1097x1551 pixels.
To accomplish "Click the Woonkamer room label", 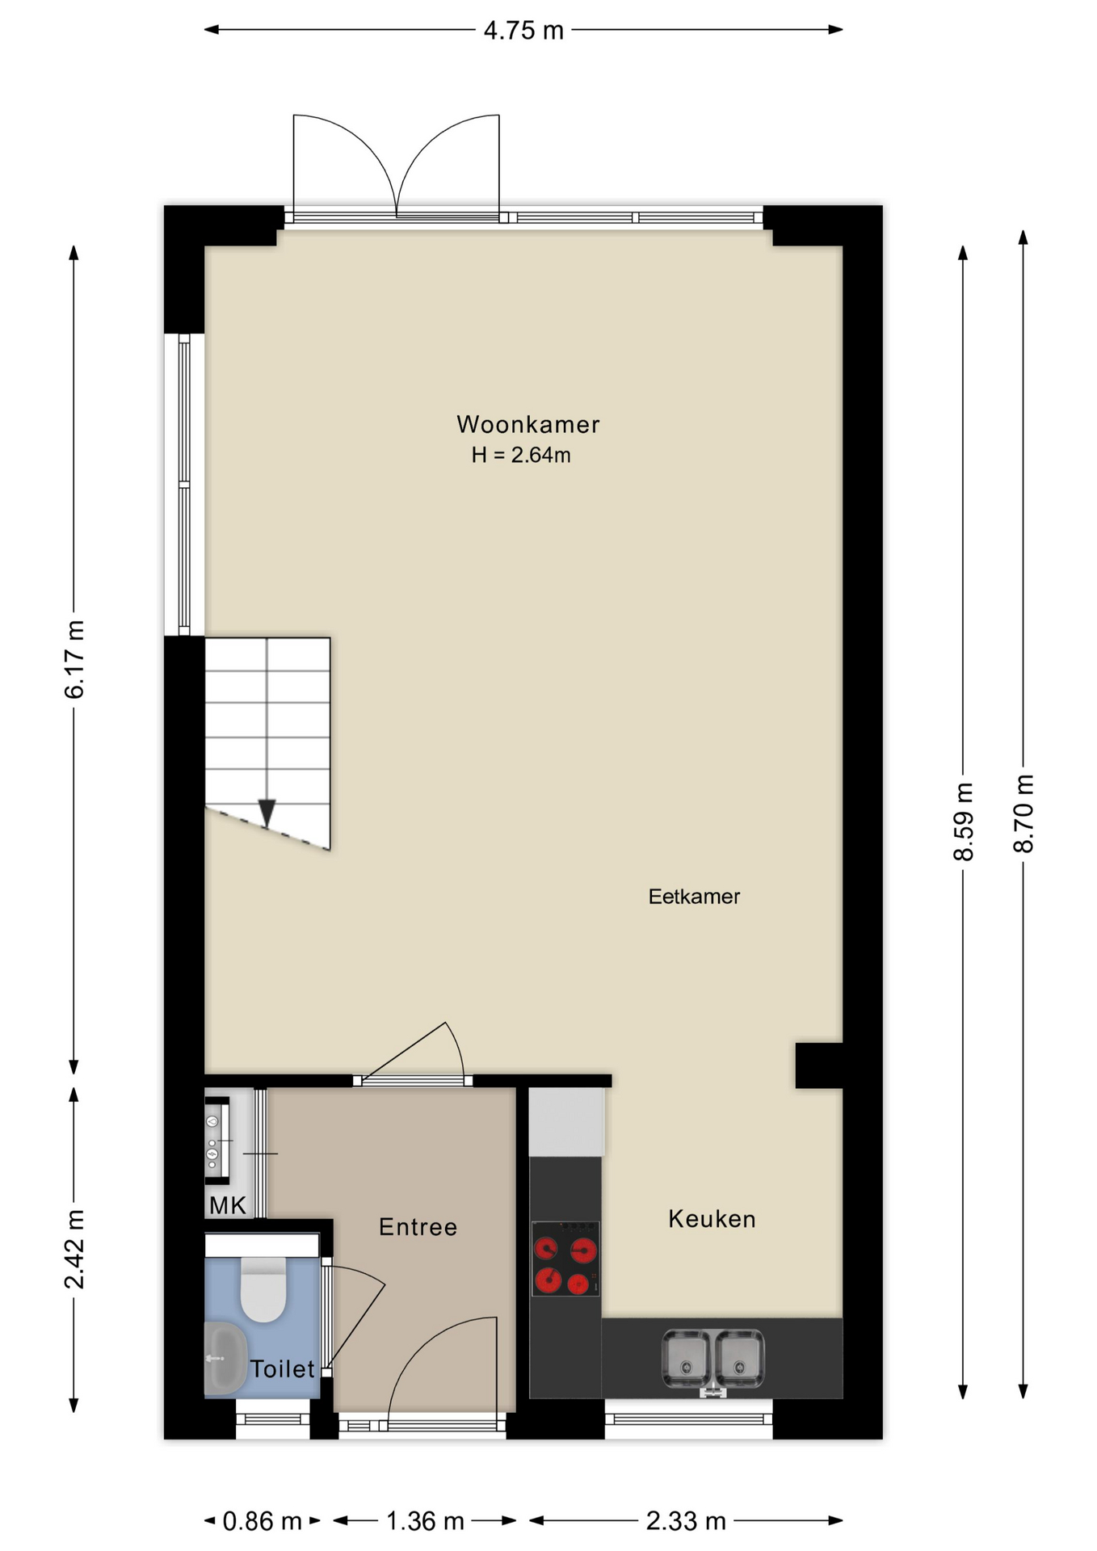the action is [x=527, y=424].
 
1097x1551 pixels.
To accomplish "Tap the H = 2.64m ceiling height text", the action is [x=521, y=455].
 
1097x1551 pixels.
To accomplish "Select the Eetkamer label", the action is [x=694, y=896].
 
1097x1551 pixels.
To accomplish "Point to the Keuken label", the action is [x=712, y=1219].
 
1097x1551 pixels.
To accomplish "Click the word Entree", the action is [x=418, y=1227].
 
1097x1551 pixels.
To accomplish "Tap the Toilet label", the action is [x=282, y=1368].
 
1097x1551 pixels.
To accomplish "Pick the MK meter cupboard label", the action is [x=227, y=1205].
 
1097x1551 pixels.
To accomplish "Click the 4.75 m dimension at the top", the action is [x=523, y=30].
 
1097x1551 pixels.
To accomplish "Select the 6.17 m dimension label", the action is [x=74, y=659].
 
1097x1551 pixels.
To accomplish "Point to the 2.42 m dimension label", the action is [x=74, y=1249].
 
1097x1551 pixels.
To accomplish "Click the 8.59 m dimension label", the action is [x=963, y=822].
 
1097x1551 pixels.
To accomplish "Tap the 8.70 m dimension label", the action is [x=1023, y=813].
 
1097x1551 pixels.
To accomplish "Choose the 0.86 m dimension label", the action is [x=262, y=1521].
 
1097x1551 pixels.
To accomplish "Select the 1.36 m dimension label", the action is [x=425, y=1521].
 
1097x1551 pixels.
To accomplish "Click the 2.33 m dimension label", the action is [x=686, y=1521].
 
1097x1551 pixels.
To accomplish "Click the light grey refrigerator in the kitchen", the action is [x=567, y=1122].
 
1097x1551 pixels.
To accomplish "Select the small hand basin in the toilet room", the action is [x=225, y=1358].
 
